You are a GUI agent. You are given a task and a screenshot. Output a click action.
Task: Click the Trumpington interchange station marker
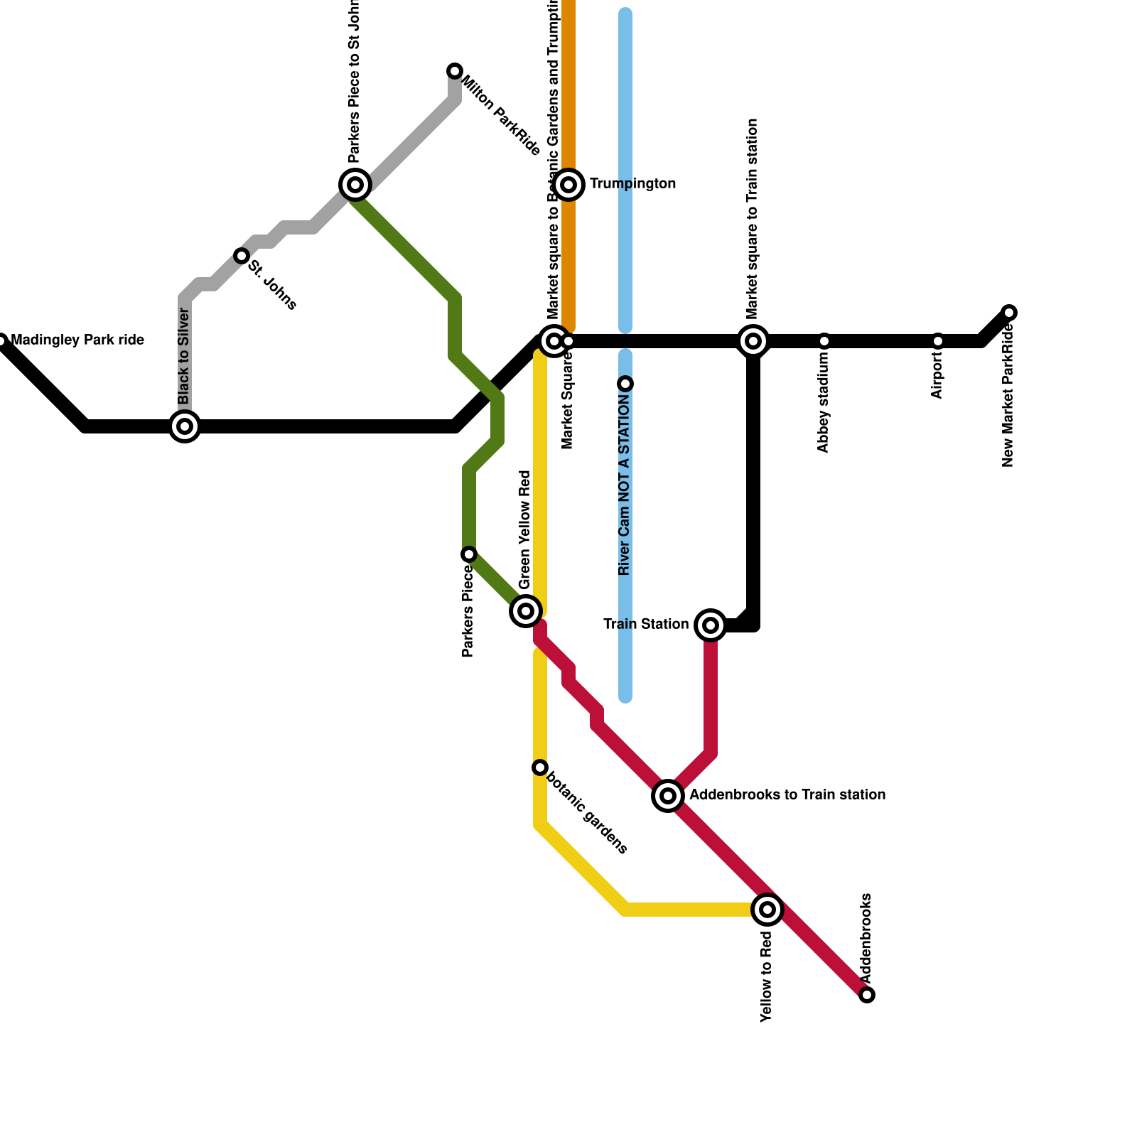(568, 185)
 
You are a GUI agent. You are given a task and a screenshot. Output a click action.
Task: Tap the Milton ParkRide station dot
(455, 71)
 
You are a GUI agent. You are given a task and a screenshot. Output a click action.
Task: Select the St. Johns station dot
(242, 256)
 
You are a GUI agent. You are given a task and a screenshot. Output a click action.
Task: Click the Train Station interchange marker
(711, 625)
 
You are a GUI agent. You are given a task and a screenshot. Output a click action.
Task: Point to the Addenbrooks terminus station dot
(867, 995)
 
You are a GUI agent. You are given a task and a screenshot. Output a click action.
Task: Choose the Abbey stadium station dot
(824, 341)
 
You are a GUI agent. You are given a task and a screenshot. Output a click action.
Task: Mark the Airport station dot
(938, 341)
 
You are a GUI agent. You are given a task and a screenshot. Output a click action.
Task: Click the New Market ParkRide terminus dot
(1010, 313)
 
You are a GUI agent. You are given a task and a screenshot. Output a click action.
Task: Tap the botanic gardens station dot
(540, 767)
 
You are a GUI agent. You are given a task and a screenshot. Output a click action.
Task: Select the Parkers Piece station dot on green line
(469, 554)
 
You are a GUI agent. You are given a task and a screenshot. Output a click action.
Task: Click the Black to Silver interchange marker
(185, 426)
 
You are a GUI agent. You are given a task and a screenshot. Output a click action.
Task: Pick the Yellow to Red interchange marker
(767, 910)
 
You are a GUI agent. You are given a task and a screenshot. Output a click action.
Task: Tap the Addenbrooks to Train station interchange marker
(668, 796)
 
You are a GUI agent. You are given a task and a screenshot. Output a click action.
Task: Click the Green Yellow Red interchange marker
(526, 611)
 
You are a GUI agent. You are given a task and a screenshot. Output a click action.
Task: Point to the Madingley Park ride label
(78, 340)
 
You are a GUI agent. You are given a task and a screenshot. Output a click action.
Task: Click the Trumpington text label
(632, 184)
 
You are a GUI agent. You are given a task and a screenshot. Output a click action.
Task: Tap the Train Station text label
(646, 625)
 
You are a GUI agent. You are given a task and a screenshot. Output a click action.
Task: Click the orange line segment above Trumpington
(568, 85)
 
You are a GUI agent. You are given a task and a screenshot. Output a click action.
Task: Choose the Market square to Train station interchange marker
(753, 341)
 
